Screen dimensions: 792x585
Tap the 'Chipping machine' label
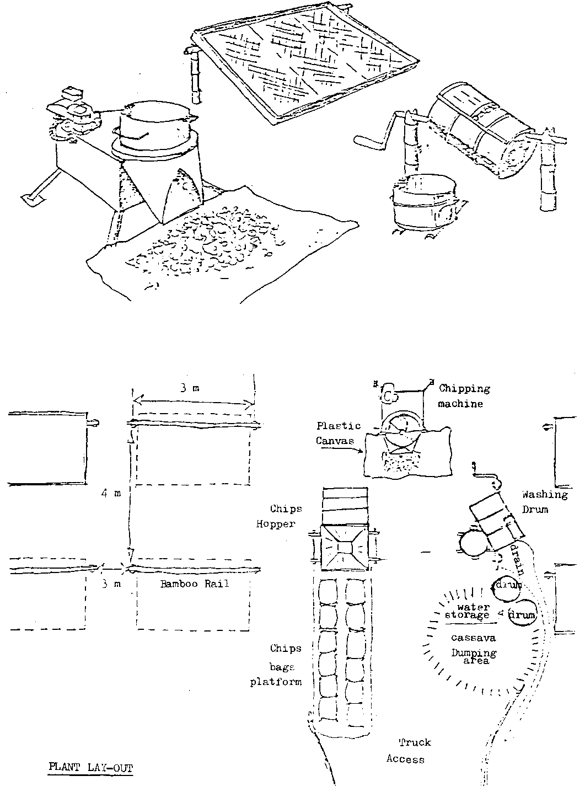[463, 395]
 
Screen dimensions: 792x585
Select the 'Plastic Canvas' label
[339, 433]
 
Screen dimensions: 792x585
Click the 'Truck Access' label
[408, 751]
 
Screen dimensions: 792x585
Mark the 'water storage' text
[467, 611]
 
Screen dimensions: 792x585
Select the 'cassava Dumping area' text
[473, 649]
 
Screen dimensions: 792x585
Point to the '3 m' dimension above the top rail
[191, 388]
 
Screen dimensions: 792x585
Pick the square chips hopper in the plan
[344, 548]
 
